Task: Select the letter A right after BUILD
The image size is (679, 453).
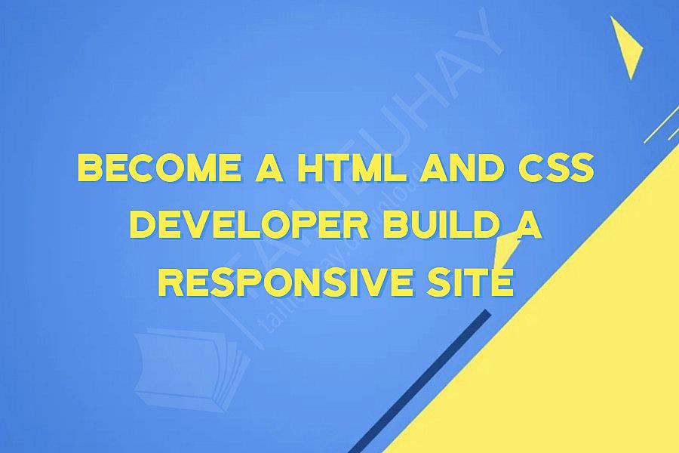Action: point(530,226)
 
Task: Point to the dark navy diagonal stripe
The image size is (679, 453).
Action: point(422,377)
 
